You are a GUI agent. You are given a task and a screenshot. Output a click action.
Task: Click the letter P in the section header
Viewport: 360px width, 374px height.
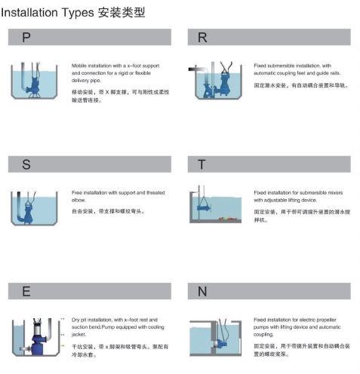pyautogui.click(x=26, y=37)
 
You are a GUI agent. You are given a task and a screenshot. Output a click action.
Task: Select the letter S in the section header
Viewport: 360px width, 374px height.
pyautogui.click(x=26, y=164)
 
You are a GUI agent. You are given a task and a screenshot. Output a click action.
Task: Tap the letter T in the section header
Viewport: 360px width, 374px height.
pyautogui.click(x=202, y=164)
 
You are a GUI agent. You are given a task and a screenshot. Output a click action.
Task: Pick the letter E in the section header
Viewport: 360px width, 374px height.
pyautogui.click(x=26, y=290)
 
